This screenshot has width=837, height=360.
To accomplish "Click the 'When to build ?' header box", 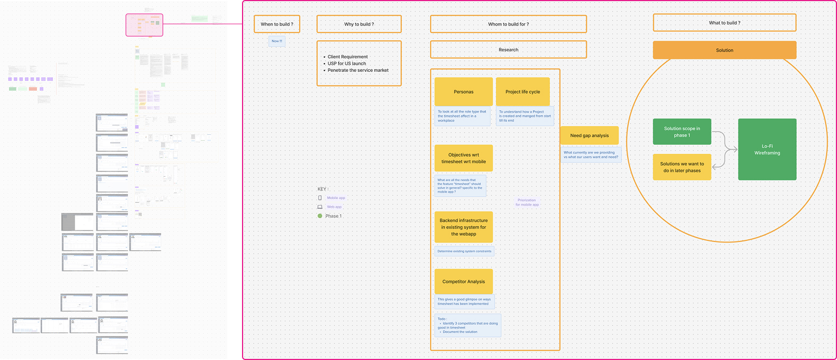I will pyautogui.click(x=277, y=24).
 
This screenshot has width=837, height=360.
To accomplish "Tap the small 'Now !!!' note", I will pyautogui.click(x=277, y=41).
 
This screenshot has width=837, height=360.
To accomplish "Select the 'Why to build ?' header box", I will pyautogui.click(x=359, y=24).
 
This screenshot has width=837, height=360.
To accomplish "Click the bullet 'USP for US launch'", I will pyautogui.click(x=346, y=64).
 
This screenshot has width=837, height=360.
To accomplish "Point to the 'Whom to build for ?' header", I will pyautogui.click(x=508, y=24).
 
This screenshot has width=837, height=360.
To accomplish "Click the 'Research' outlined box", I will pyautogui.click(x=508, y=49).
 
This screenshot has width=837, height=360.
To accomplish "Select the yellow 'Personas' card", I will pyautogui.click(x=463, y=92).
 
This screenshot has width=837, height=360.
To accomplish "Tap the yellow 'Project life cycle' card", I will pyautogui.click(x=523, y=92).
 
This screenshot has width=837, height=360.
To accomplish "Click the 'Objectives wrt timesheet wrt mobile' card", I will pyautogui.click(x=463, y=158).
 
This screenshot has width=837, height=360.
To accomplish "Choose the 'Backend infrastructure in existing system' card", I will pyautogui.click(x=463, y=227).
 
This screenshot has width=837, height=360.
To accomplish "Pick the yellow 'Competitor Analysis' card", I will pyautogui.click(x=463, y=282).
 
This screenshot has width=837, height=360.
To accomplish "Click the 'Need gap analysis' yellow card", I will pyautogui.click(x=589, y=135).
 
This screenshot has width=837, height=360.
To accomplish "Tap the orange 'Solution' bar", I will pyautogui.click(x=724, y=50).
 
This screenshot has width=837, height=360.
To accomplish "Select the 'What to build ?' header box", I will pyautogui.click(x=724, y=23).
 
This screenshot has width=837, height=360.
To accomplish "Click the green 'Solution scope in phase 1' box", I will pyautogui.click(x=681, y=132).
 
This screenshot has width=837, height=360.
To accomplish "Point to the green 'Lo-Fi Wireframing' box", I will pyautogui.click(x=767, y=150).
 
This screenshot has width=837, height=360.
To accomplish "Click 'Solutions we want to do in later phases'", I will pyautogui.click(x=681, y=167).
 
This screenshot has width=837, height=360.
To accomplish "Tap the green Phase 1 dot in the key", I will pyautogui.click(x=320, y=216).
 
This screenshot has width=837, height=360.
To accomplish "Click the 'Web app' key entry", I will pyautogui.click(x=334, y=207).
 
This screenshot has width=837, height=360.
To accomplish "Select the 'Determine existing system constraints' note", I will pyautogui.click(x=464, y=251).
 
